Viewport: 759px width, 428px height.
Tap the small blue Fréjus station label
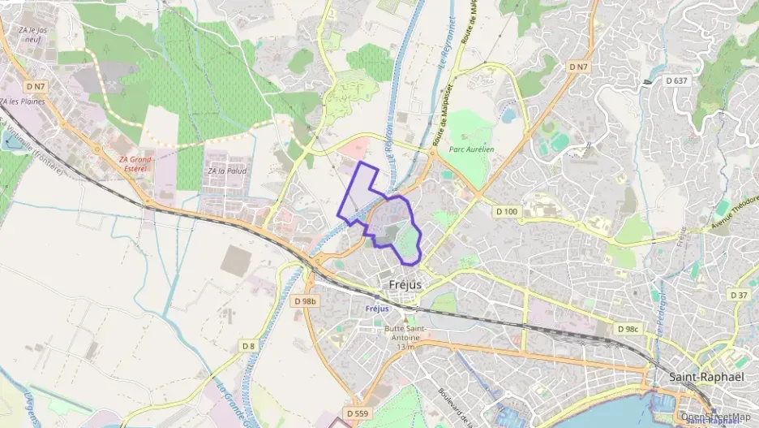click(376, 309)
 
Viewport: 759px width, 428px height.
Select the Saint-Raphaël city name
click(702, 377)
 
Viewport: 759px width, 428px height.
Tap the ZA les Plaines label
click(22, 102)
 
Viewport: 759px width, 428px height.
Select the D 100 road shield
click(505, 211)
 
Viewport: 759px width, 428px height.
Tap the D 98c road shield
click(628, 329)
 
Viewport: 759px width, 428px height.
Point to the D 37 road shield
click(739, 295)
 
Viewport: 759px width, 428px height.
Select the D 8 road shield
click(248, 346)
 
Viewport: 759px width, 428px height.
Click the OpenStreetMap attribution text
click(716, 417)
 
